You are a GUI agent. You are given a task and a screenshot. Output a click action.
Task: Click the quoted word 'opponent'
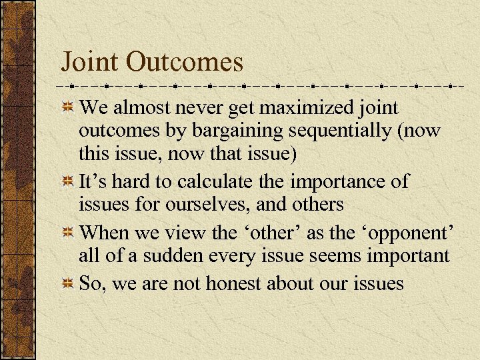pyautogui.click(x=407, y=233)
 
